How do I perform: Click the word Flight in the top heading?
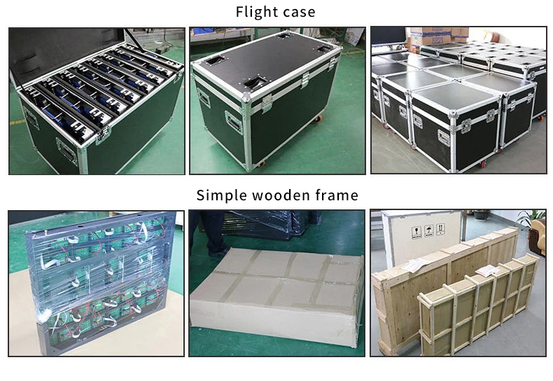pyautogui.click(x=257, y=12)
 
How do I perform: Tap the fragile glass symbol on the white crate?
pyautogui.click(x=416, y=233)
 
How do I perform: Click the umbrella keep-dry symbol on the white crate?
pyautogui.click(x=428, y=230)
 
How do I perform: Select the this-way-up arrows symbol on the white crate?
pyautogui.click(x=440, y=229)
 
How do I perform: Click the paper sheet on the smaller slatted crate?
pyautogui.click(x=488, y=271)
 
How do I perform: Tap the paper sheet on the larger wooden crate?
pyautogui.click(x=416, y=265)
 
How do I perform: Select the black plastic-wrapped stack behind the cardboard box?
pyautogui.click(x=268, y=224)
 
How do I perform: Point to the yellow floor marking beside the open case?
pyautogui.click(x=17, y=123)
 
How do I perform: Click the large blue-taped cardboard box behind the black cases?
pyautogui.click(x=430, y=36)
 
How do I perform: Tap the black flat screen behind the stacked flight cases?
pyautogui.click(x=388, y=36)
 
